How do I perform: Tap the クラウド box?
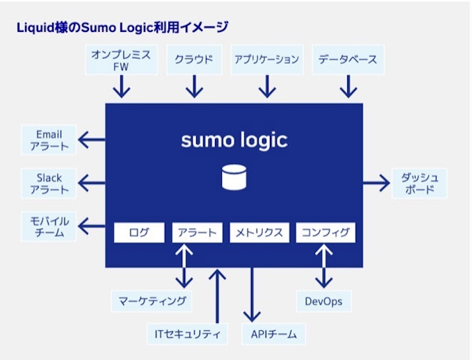pos(194,60)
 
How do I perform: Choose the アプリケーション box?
pos(266,60)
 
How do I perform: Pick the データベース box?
pos(348,60)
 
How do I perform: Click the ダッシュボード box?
pos(419,183)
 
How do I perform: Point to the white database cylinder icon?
pos(234,177)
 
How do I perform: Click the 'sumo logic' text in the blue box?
pos(234,140)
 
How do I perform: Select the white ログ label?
pos(139,232)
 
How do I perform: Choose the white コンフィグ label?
pos(326,232)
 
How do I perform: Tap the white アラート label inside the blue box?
pos(197,232)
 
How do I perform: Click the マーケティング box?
pos(152,301)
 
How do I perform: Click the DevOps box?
pos(323,301)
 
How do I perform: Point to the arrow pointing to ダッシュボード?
pos(376,183)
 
